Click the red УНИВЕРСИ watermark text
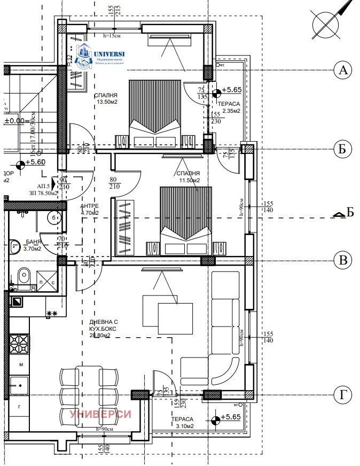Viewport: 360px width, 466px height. pos(100,414)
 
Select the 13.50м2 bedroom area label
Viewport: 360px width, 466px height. pos(107,99)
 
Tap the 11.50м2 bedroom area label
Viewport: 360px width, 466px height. pos(188,177)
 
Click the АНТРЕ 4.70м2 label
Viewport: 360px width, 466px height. pos(90,209)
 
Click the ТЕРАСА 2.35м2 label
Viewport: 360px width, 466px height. pos(229,108)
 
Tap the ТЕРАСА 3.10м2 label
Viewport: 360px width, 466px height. pos(182,423)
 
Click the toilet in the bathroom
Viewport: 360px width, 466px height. pos(23,277)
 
